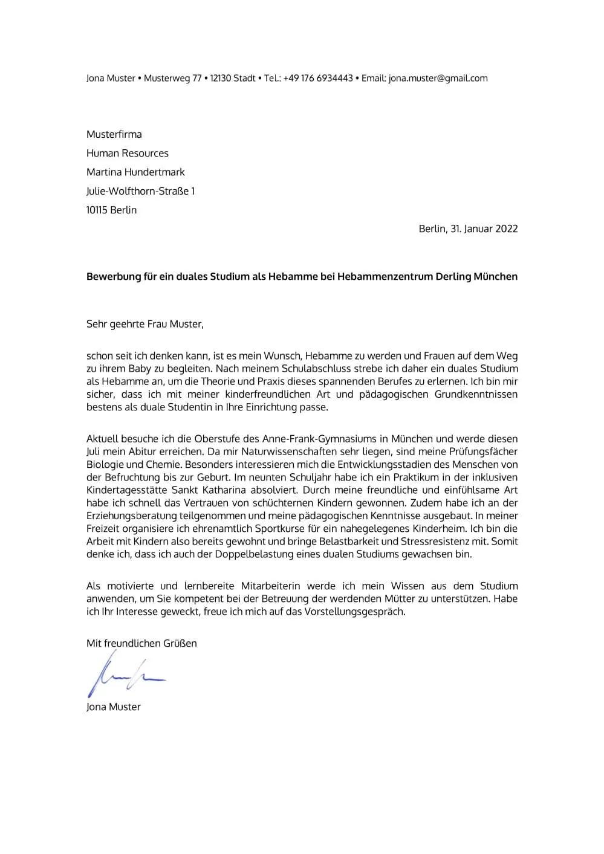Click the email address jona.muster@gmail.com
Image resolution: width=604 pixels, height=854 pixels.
pos(438,78)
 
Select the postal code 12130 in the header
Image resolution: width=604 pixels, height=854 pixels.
pos(221,78)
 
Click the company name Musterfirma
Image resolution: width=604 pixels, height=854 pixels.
pos(114,134)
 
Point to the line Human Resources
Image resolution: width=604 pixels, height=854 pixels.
pos(127,153)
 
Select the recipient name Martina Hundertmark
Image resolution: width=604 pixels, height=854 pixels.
pos(135,172)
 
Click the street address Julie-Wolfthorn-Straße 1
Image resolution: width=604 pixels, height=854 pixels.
pos(140,191)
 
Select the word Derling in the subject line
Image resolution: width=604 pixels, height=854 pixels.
pos(454,277)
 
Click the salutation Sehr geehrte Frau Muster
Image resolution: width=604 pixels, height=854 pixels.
pos(145,324)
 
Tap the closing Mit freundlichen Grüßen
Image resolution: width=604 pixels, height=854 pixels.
pos(141,644)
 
